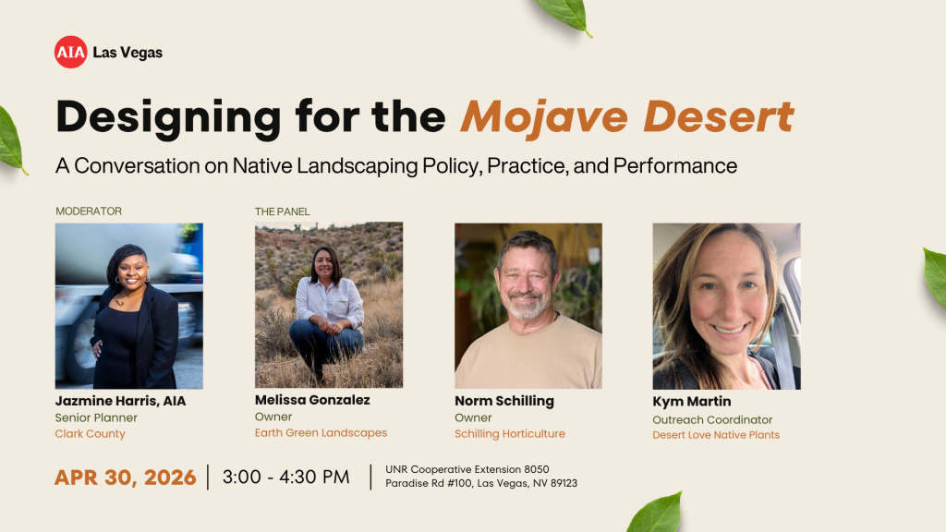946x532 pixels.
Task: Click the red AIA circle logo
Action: click(70, 52)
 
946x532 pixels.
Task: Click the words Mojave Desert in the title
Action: click(626, 117)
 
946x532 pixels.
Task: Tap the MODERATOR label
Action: click(89, 212)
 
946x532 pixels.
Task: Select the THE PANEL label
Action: click(283, 212)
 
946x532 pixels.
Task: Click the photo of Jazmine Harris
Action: click(129, 306)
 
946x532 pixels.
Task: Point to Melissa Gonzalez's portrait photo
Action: click(329, 305)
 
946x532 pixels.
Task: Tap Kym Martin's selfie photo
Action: click(726, 306)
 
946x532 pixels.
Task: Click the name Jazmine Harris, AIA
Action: click(121, 401)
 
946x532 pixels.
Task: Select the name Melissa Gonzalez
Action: click(312, 400)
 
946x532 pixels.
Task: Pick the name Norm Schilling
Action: click(504, 401)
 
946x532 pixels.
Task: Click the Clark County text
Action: click(91, 434)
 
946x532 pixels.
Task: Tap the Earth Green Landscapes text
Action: click(321, 433)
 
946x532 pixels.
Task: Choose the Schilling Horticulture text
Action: click(510, 434)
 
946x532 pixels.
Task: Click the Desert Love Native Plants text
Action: click(716, 435)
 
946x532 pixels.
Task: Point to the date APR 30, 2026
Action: click(126, 478)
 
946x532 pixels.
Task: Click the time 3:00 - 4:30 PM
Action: click(287, 478)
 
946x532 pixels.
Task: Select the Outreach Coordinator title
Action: click(712, 419)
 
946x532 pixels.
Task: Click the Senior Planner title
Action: click(97, 417)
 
